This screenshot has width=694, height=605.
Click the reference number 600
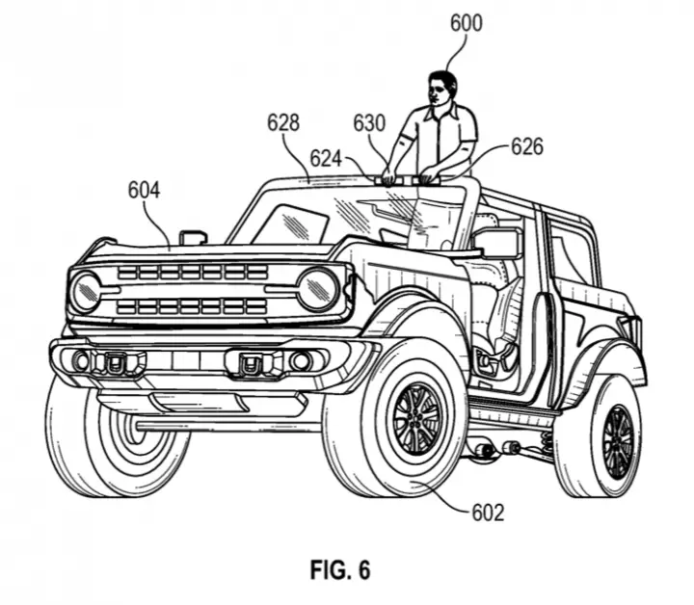(x=467, y=23)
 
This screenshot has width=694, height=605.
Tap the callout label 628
(x=283, y=122)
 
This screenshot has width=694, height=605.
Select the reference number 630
(x=369, y=123)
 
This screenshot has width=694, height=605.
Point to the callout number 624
(x=326, y=158)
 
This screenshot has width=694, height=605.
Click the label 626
(x=526, y=146)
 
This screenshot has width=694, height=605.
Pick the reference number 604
(x=144, y=190)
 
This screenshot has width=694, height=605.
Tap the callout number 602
(x=488, y=513)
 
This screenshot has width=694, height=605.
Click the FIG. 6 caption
(x=340, y=569)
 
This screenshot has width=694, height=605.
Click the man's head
(x=442, y=89)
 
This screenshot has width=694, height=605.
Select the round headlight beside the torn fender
(x=319, y=290)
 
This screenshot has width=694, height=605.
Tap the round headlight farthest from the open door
(x=86, y=292)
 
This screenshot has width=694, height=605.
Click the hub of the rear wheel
(x=618, y=442)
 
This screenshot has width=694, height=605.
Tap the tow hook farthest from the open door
(x=115, y=363)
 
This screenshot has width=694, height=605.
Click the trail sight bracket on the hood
(x=193, y=237)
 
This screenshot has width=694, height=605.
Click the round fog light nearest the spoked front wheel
(x=301, y=362)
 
